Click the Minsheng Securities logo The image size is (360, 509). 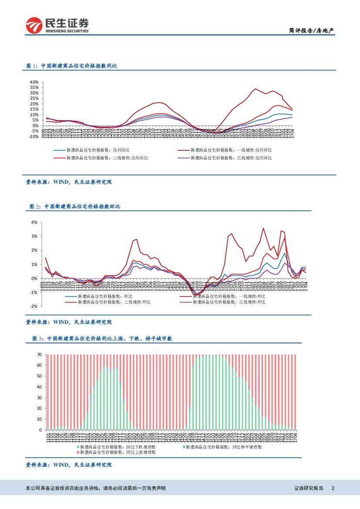(57, 25)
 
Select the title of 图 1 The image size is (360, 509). (72, 66)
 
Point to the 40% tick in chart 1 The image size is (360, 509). (34, 82)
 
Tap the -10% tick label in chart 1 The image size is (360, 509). (34, 136)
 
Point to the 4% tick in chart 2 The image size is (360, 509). (34, 222)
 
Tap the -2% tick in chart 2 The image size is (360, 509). (34, 306)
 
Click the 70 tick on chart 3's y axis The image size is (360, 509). (39, 354)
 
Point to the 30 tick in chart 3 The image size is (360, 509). (39, 398)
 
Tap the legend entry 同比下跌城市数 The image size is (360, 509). (118, 447)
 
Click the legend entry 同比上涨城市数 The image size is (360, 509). (118, 452)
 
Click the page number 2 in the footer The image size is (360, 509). (333, 488)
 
